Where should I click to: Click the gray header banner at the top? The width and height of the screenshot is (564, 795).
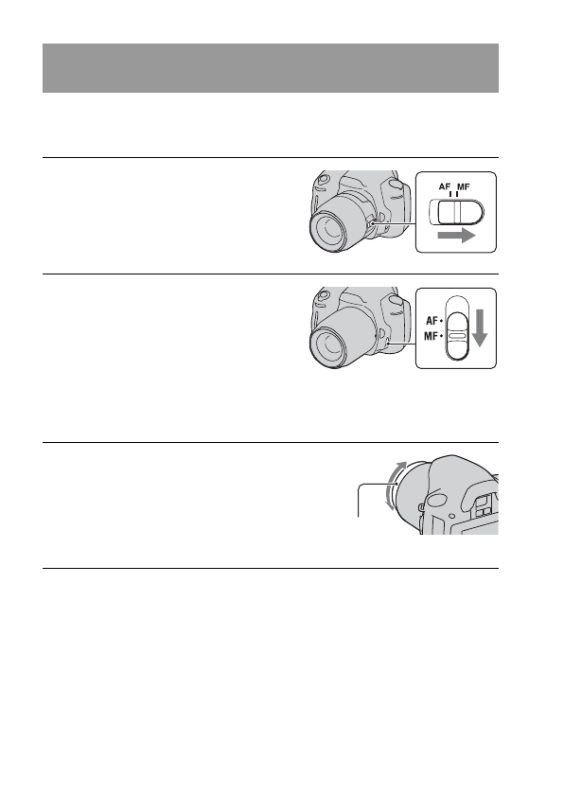(x=270, y=67)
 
